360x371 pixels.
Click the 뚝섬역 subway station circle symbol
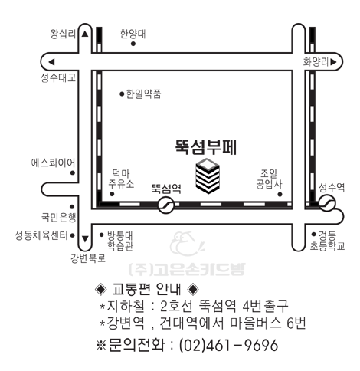166,205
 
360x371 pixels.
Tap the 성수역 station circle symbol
327,202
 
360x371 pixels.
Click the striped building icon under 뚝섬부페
208,176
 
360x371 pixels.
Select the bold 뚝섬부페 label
206,147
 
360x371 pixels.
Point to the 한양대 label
133,34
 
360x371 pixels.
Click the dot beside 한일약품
122,94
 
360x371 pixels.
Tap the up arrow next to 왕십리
85,34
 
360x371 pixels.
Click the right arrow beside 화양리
333,62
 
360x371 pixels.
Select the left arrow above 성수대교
51,62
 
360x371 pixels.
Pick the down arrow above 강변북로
85,239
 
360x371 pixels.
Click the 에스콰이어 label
53,163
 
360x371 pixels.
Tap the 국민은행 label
59,218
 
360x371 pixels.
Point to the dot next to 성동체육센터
73,235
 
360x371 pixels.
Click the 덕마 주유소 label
121,179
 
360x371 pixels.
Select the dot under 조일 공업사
280,195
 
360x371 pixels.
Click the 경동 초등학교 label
328,241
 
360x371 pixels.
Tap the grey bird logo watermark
187,244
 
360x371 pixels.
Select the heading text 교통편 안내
146,289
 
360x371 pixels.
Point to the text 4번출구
265,306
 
